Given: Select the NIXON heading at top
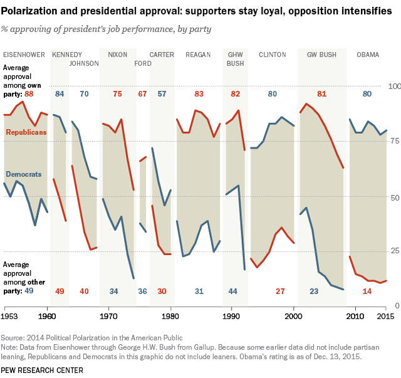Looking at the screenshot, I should (117, 55).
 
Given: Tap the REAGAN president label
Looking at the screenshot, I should (198, 55).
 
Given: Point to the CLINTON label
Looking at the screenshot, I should (273, 55).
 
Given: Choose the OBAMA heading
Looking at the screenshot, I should (368, 55).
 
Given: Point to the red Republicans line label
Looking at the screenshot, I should (26, 133).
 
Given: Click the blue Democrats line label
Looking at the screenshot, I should (24, 174).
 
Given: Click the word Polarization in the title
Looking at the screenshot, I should (33, 11).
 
